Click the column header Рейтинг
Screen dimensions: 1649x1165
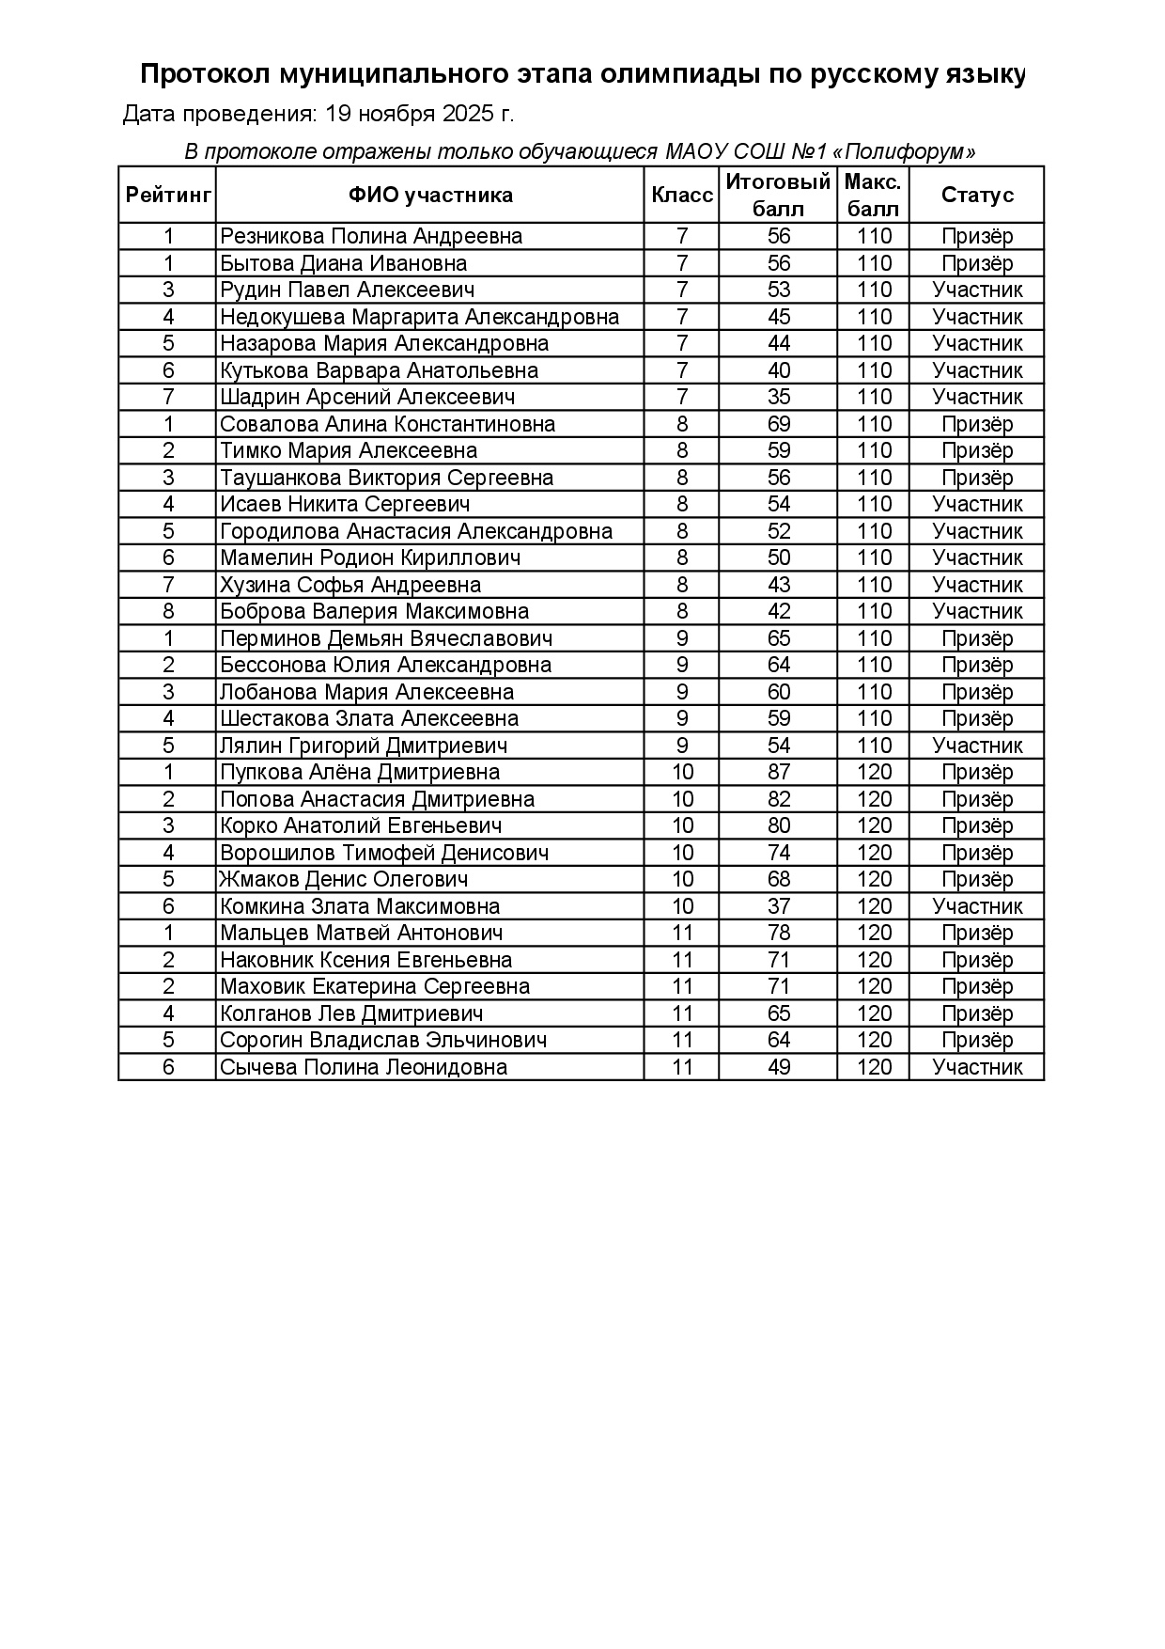(x=168, y=196)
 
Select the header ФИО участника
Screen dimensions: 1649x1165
(x=430, y=196)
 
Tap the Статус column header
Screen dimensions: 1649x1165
(x=977, y=196)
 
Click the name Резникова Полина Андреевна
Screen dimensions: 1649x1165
(x=371, y=237)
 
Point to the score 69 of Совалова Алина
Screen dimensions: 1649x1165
(x=779, y=424)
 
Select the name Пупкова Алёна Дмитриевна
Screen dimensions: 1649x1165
(x=360, y=773)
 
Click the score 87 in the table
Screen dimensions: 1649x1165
(x=779, y=773)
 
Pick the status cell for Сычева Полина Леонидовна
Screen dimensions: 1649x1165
(x=977, y=1067)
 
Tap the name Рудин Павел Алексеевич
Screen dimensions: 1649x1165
(x=347, y=291)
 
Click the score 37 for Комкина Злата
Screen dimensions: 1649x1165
(x=779, y=906)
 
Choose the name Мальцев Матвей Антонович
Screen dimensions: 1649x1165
(x=361, y=934)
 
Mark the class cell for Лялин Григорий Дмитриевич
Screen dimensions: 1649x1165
(x=682, y=746)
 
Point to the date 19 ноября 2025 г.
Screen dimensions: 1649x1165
(x=420, y=115)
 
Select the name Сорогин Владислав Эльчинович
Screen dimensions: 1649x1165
(x=383, y=1041)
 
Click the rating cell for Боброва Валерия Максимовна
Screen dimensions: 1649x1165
(x=168, y=612)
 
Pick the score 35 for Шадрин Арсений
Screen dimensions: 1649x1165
(x=779, y=398)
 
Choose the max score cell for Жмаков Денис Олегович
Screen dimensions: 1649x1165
(x=874, y=880)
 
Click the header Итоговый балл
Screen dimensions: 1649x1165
(x=779, y=196)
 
